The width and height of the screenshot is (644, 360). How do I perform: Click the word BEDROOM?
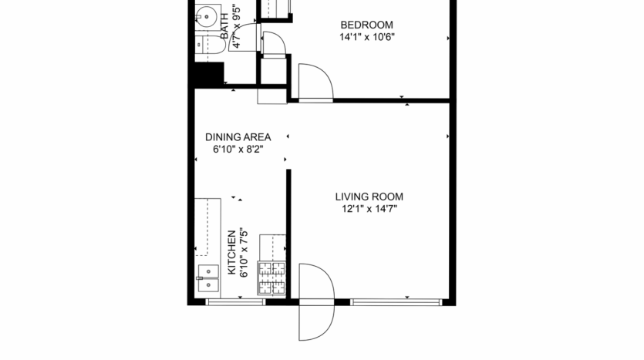pos(367,25)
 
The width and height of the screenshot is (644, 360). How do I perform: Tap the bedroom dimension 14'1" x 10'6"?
pos(367,37)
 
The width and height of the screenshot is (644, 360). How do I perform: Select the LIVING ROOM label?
pos(369,197)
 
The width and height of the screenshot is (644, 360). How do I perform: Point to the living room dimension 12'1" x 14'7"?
pos(369,208)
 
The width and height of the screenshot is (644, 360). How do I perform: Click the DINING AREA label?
pos(238,137)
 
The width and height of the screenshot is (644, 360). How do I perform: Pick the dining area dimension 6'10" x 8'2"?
pos(238,150)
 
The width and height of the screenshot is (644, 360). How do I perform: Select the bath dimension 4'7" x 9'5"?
pos(235,28)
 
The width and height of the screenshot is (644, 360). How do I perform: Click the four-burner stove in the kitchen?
pos(271,278)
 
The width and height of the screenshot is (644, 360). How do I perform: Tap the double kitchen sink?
pos(207,278)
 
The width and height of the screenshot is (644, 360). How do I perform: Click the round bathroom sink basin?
pos(206,16)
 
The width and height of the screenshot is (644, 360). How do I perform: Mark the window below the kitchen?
pos(235,301)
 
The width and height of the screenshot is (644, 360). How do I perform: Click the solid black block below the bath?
pos(208,76)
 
